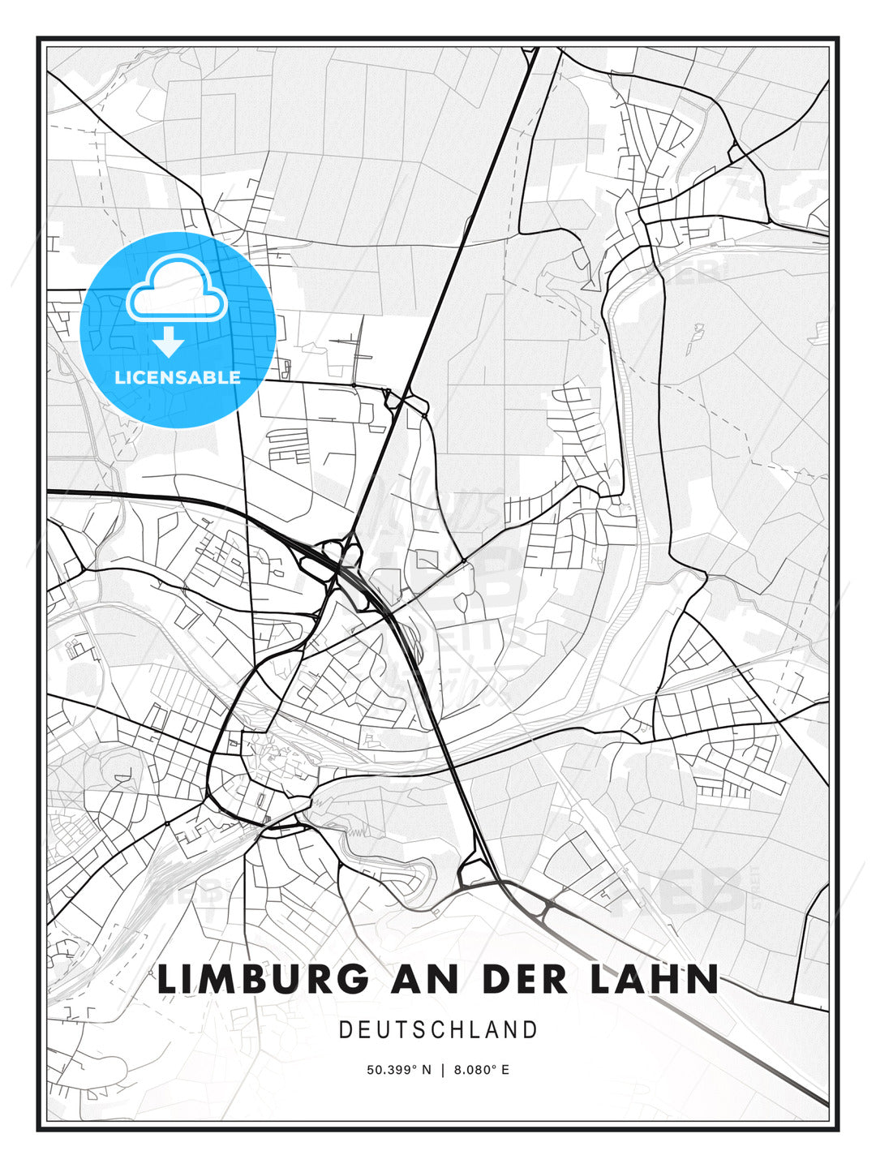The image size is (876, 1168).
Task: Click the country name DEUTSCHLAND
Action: [x=438, y=1030]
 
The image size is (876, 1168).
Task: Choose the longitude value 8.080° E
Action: [x=482, y=1070]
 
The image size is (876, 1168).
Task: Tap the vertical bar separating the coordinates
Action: [x=443, y=1070]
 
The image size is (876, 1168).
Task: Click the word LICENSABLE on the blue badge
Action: [x=178, y=377]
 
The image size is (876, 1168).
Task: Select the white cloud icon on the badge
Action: [x=176, y=288]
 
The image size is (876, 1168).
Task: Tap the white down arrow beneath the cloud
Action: [x=169, y=341]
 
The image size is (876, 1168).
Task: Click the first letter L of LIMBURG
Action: [x=168, y=980]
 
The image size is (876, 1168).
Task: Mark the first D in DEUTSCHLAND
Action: [x=345, y=1030]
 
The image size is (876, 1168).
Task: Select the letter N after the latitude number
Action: [x=427, y=1070]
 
